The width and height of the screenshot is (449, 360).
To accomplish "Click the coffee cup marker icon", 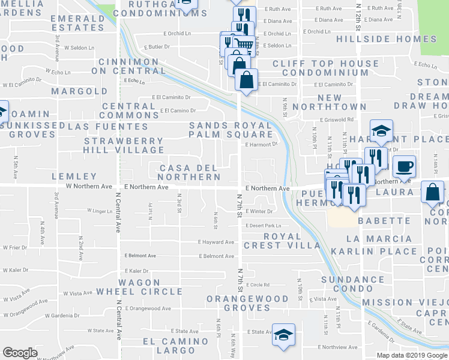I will coord(405,165).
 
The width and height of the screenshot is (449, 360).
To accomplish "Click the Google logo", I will coord(20,353).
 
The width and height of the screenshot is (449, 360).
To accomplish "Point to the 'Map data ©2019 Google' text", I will coord(412,355).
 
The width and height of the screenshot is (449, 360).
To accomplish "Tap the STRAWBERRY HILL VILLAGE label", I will coord(123,145).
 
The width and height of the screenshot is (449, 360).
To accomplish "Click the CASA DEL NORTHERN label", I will coord(188,172).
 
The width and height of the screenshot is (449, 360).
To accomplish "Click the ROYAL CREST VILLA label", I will coord(282,241).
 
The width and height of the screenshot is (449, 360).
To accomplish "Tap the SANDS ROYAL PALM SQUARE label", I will coord(230,130).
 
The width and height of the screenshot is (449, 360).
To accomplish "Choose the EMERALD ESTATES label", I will coord(78,23).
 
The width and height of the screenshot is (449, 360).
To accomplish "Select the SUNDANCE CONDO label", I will coord(352,285).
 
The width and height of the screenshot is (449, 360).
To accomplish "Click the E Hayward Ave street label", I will coord(216,242).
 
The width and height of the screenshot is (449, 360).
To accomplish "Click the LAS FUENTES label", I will coord(107,127).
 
